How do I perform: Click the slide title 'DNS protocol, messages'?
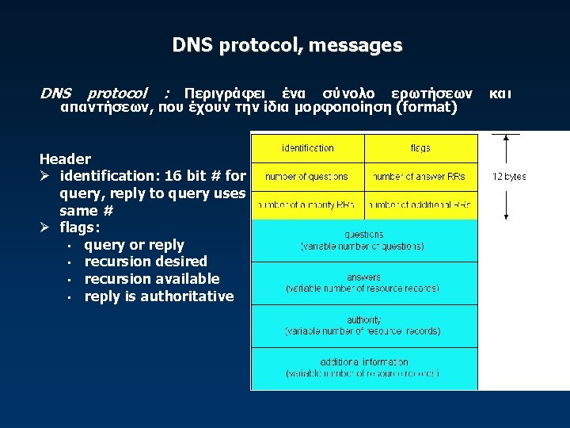[287, 46]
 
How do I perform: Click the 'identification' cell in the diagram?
[308, 148]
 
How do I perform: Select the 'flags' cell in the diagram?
[420, 148]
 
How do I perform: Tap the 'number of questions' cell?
[308, 177]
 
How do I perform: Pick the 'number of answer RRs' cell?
[420, 177]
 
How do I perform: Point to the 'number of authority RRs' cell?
[308, 205]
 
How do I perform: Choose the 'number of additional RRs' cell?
[420, 205]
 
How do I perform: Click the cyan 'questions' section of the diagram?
[364, 240]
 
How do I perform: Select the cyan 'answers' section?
[364, 283]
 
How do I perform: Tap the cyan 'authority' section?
[364, 325]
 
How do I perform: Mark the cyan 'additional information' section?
[364, 368]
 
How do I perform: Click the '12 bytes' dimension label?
[509, 177]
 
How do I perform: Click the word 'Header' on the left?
[65, 159]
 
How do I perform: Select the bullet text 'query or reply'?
[134, 245]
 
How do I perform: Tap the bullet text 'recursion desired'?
[146, 262]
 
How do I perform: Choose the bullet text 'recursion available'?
[151, 279]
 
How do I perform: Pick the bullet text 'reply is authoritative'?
[158, 296]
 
